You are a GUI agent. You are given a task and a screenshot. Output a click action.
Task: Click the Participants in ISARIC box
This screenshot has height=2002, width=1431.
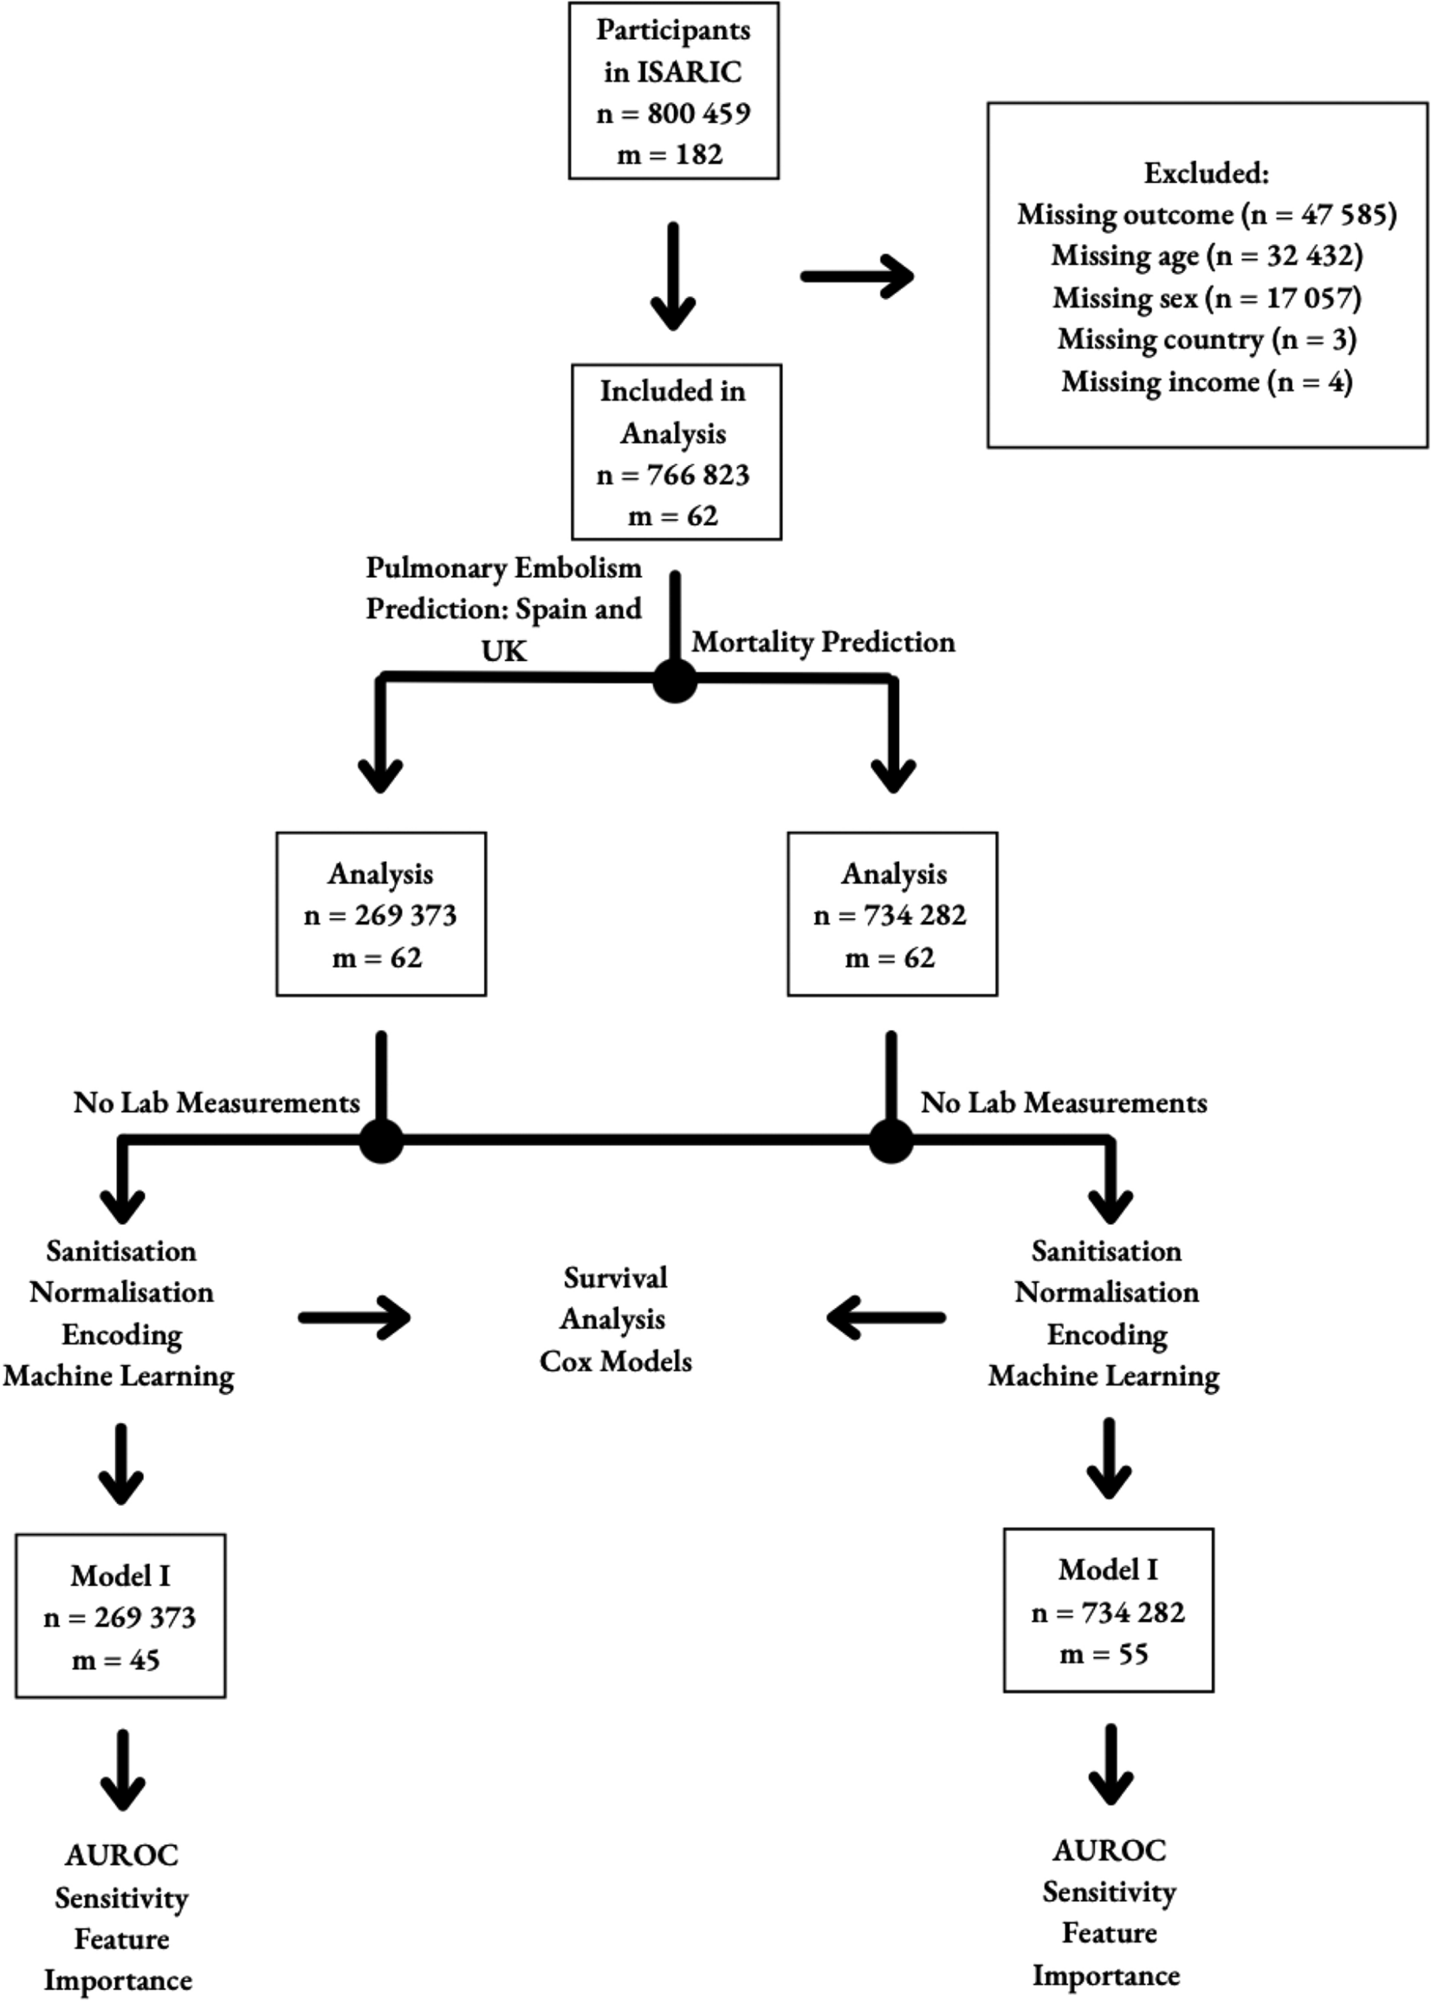coord(673,91)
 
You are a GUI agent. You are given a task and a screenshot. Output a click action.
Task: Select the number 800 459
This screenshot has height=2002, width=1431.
coord(699,113)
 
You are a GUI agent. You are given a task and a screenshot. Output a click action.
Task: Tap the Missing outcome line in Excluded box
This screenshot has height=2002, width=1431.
coord(1207,214)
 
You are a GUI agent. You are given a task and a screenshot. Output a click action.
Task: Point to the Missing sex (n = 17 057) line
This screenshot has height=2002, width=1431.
coord(1207,298)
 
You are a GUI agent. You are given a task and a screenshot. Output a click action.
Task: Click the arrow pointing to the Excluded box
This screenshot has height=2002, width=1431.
coord(857,276)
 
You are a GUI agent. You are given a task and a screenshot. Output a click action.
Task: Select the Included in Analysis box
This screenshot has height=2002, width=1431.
coord(676,452)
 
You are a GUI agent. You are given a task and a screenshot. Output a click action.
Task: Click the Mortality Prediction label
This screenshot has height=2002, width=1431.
coord(823,641)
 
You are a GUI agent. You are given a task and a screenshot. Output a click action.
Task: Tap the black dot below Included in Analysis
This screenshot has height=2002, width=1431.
coord(675,681)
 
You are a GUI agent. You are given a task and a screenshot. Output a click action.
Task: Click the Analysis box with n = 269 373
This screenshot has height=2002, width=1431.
coord(380,914)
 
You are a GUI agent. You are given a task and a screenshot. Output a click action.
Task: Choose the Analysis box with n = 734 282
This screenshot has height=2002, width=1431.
coord(891,914)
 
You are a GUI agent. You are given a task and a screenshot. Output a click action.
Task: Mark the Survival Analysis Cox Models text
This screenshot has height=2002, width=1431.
coord(615,1319)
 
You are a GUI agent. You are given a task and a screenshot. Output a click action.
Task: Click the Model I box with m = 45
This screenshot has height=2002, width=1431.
coord(120,1616)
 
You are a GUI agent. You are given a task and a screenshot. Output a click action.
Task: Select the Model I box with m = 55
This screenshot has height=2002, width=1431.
coord(1108,1610)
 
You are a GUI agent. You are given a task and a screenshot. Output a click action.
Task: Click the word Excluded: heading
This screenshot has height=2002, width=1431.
coord(1207,172)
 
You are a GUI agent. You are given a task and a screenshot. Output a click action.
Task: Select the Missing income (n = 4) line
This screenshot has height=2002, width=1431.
coord(1207,381)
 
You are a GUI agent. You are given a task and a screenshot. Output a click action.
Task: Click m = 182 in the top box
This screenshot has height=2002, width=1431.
coord(670,155)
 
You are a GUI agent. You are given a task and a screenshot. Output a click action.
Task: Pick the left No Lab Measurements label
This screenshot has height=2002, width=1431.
coord(217,1102)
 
